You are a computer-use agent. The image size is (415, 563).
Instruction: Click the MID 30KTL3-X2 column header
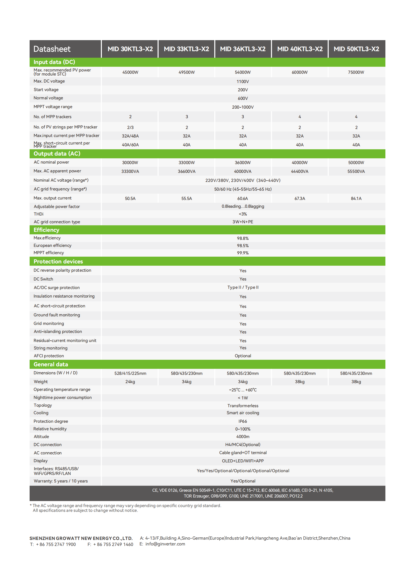click(130, 49)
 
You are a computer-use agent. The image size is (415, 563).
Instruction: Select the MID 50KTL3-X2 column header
click(356, 49)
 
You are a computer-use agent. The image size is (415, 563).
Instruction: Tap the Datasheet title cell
click(52, 49)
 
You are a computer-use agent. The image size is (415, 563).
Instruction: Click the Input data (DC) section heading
click(54, 62)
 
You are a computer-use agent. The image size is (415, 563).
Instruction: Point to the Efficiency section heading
click(46, 230)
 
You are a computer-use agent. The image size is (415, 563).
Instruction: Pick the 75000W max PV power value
click(356, 72)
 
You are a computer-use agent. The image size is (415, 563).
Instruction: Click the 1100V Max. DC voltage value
click(243, 82)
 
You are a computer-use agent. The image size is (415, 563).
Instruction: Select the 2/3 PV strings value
click(130, 127)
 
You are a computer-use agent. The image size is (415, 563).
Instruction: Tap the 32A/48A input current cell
click(130, 136)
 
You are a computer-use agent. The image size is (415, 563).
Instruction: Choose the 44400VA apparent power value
click(299, 171)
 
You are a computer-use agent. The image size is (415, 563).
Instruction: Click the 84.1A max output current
click(356, 198)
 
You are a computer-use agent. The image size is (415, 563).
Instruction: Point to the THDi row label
click(38, 214)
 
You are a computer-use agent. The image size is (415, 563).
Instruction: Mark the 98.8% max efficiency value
click(243, 238)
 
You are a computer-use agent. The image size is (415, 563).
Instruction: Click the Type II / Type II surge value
click(243, 288)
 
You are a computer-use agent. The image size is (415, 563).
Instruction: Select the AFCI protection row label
click(49, 356)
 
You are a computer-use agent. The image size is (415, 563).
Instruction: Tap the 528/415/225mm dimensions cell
click(130, 373)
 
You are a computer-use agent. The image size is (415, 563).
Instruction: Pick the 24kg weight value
click(130, 382)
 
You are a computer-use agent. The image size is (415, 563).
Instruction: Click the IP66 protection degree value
click(243, 421)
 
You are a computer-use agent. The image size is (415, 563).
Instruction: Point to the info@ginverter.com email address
click(165, 544)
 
